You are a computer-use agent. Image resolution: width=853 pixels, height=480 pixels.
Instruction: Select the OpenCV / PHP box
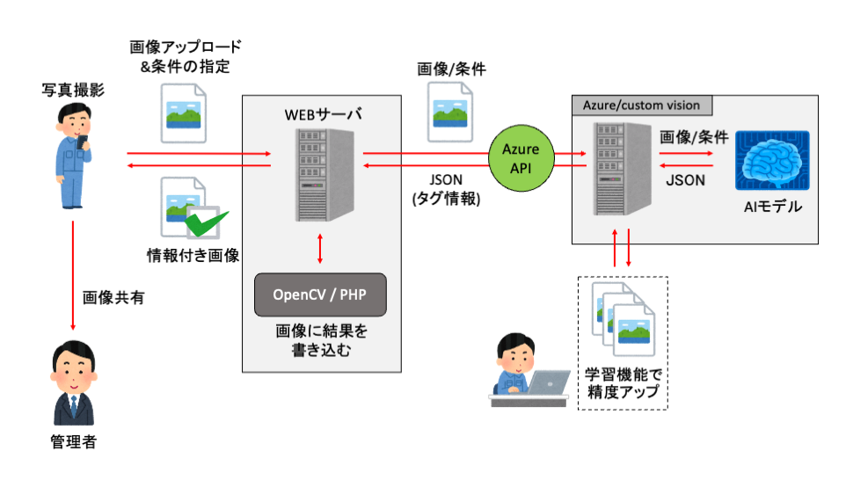320,294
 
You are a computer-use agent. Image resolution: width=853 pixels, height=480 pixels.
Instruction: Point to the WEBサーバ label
322,114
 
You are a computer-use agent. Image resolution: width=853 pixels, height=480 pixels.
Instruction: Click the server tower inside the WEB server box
322,175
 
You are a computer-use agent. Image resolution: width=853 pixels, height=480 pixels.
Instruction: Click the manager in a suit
72,387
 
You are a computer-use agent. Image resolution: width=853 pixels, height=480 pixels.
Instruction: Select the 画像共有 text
113,297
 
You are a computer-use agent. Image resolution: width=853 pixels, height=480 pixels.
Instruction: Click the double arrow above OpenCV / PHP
320,249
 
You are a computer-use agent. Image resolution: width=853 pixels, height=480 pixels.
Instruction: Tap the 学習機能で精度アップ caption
622,382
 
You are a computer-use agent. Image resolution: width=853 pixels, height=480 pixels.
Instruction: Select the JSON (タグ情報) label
446,189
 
